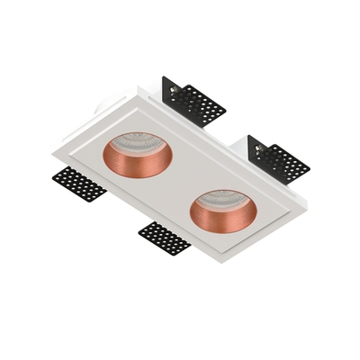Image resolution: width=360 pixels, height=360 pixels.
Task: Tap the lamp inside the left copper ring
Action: pos(142,149)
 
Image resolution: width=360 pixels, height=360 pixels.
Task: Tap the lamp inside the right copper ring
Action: pos(224,200)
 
